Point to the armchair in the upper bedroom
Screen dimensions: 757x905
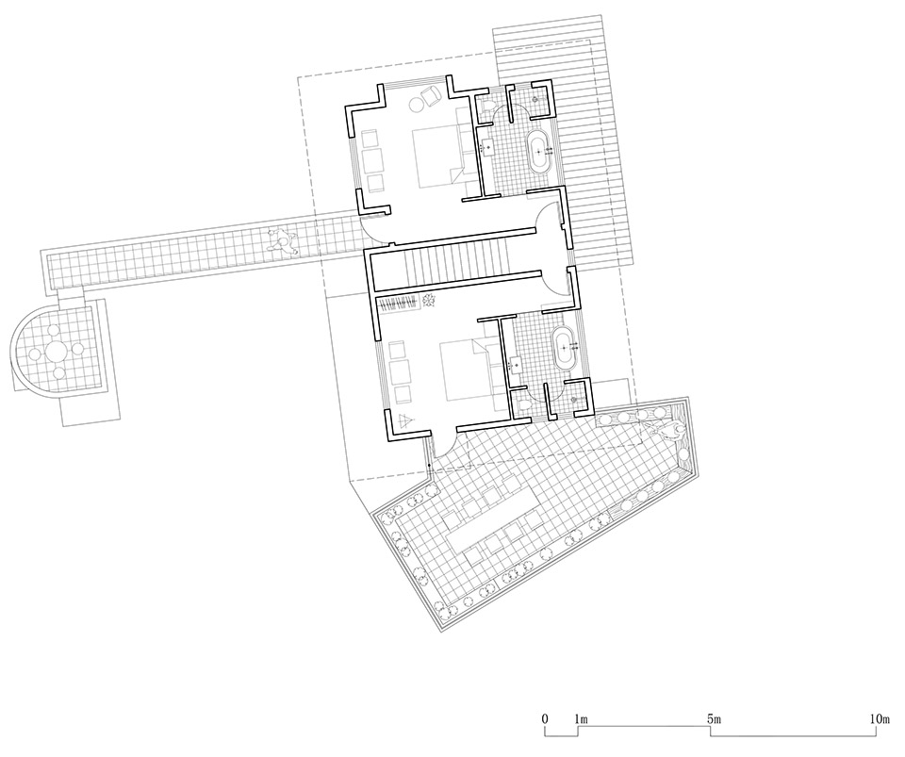point(431,95)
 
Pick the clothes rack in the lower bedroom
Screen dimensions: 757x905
point(399,304)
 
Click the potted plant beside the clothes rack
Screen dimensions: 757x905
point(429,301)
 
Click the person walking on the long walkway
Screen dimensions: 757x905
point(282,240)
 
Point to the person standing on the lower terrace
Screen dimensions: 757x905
point(670,429)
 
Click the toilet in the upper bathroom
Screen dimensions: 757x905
point(486,112)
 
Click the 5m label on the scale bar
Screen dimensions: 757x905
point(715,720)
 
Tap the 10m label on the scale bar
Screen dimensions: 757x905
point(880,720)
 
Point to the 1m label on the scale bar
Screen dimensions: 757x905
point(581,720)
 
